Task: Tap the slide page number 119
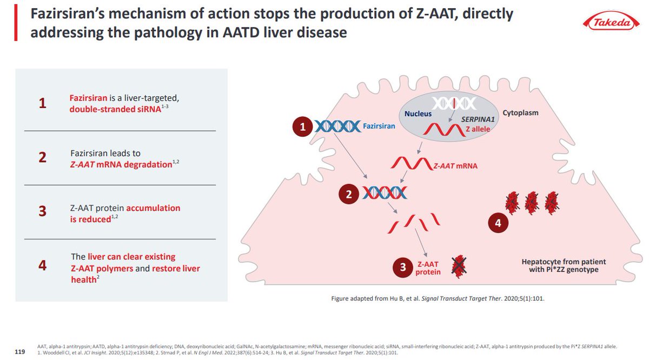[x=20, y=352]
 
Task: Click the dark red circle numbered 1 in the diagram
[x=303, y=127]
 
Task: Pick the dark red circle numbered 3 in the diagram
[x=403, y=267]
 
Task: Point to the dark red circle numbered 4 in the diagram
[x=498, y=222]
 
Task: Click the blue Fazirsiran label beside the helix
[x=378, y=126]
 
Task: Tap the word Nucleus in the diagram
[x=419, y=114]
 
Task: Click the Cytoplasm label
[x=520, y=113]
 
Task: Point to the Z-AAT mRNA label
[x=455, y=166]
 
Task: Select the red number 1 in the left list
[x=42, y=104]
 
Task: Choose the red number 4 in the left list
[x=42, y=265]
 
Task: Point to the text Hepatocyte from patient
[x=560, y=262]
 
